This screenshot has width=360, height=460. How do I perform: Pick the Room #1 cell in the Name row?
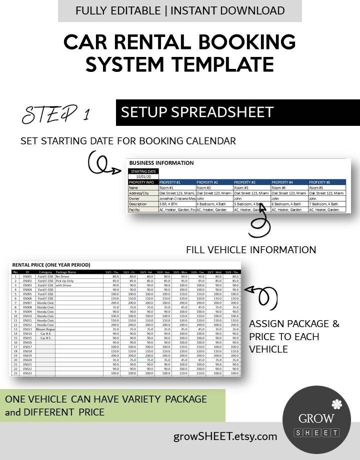point(167,188)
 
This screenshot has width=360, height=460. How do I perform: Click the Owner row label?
point(135,199)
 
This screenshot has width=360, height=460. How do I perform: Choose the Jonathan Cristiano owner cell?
point(176,199)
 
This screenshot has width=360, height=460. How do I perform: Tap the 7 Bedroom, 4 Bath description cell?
point(326,204)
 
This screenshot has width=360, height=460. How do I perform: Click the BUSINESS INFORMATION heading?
point(161,163)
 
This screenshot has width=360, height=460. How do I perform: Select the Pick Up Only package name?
point(65,281)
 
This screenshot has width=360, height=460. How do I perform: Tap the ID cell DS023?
point(27,373)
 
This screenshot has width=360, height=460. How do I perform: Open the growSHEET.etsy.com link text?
point(225,436)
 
